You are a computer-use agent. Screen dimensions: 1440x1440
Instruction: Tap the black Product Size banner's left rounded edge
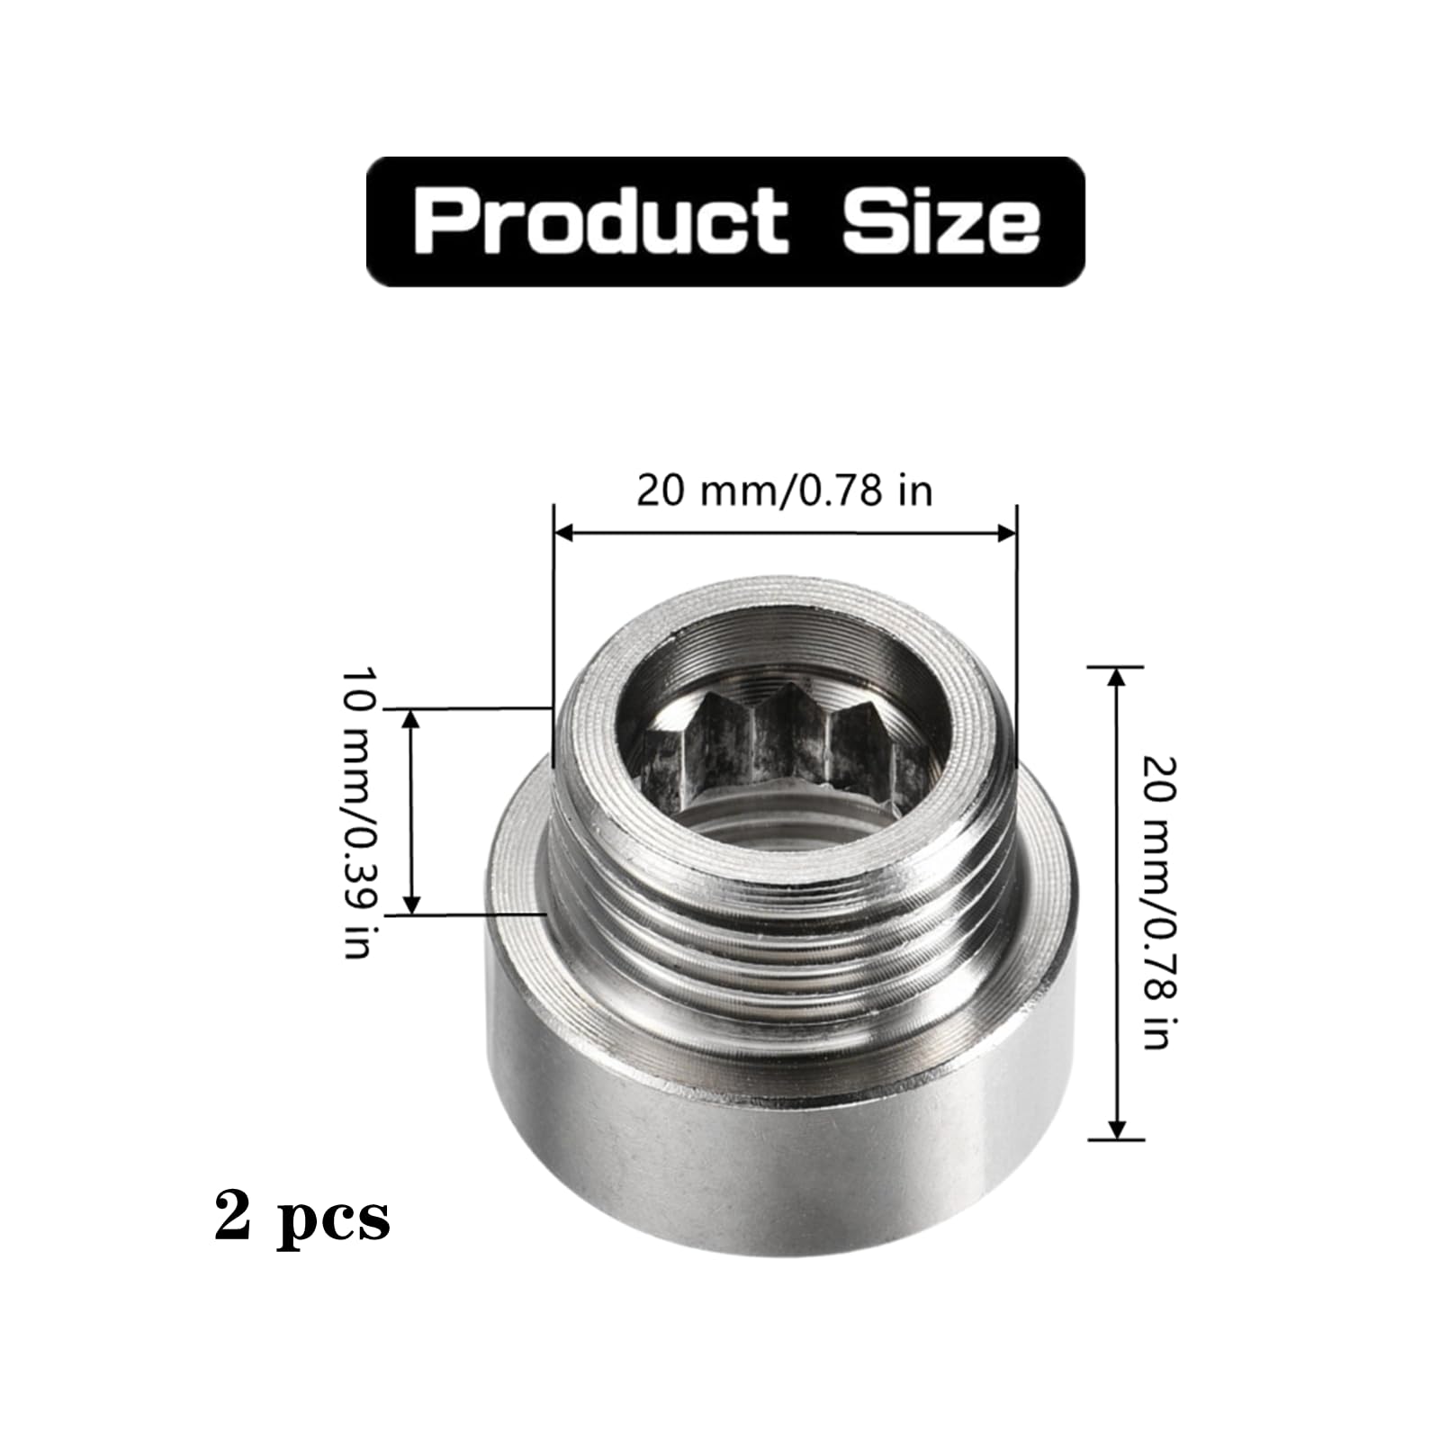click(371, 221)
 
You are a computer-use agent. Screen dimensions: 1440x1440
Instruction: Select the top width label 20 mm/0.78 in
click(785, 491)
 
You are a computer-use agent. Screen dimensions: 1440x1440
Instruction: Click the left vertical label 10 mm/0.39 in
click(357, 813)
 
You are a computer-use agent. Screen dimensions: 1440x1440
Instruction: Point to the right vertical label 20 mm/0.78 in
click(1158, 903)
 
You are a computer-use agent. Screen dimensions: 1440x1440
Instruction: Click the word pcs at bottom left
click(334, 1221)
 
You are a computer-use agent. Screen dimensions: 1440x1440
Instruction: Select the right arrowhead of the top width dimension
click(1006, 533)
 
